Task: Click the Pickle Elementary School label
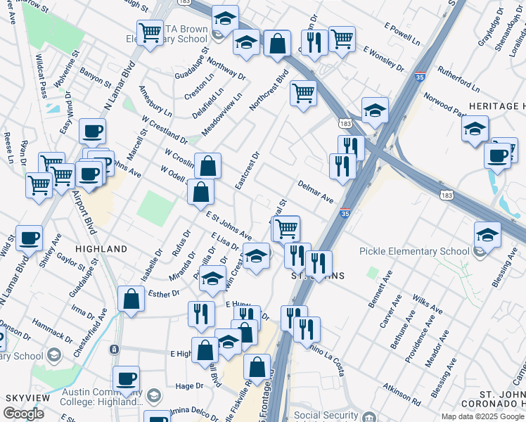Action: click(413, 251)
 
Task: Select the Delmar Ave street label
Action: click(315, 191)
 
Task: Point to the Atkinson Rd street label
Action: click(402, 395)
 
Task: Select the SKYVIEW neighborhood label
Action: click(27, 398)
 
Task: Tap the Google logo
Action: click(24, 414)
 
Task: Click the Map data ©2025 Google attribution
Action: click(482, 416)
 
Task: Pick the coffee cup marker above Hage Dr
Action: click(127, 378)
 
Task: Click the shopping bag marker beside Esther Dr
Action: click(131, 298)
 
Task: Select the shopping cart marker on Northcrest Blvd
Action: click(303, 92)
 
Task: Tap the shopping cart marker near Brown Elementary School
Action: click(150, 32)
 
